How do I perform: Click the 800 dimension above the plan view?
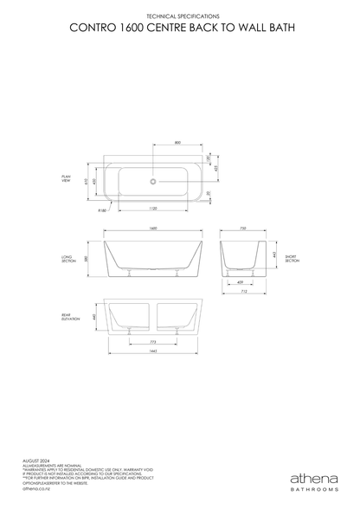[177, 142]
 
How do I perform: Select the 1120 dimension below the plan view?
[152, 209]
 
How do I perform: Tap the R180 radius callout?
[102, 209]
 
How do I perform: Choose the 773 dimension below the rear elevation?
[153, 342]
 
